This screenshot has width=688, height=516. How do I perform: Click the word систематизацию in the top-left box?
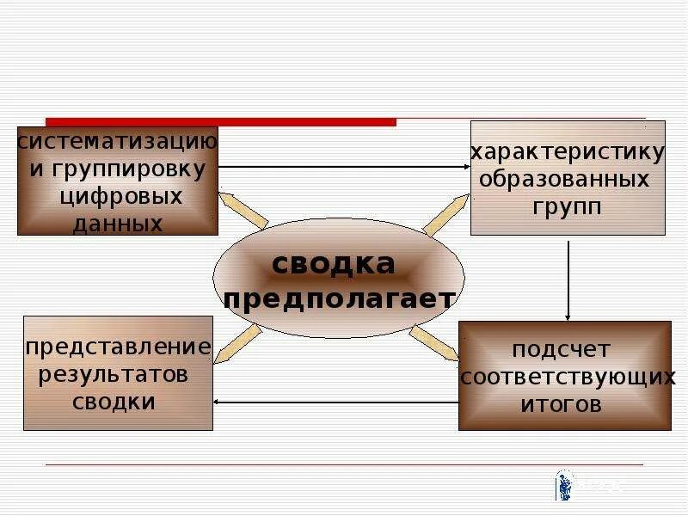[x=118, y=140]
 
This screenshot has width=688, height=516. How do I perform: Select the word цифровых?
[x=121, y=196]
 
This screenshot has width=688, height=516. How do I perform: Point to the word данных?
[x=118, y=224]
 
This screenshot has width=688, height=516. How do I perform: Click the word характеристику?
[x=568, y=153]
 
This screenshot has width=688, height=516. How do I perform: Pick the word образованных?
[x=564, y=181]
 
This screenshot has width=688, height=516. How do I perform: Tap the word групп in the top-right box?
[x=566, y=207]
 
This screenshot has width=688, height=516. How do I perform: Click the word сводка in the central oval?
[x=334, y=264]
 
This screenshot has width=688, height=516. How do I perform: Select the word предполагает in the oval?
[x=339, y=299]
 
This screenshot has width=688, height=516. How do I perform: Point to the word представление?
[x=118, y=347]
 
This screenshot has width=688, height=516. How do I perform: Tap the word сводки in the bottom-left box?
[x=114, y=402]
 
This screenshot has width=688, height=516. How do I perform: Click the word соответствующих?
[x=568, y=378]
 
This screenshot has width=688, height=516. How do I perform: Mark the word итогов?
[x=561, y=404]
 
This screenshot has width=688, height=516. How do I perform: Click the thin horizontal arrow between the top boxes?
[x=344, y=166]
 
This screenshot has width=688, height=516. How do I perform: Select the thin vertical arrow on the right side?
[x=568, y=279]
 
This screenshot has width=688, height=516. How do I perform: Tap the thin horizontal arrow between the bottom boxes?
[x=335, y=402]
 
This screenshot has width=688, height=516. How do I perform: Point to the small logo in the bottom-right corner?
[x=565, y=484]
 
